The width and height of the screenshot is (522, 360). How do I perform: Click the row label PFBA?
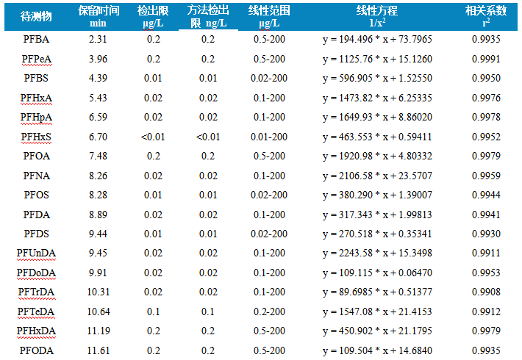coord(36,39)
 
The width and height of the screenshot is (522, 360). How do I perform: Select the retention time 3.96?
coord(98,59)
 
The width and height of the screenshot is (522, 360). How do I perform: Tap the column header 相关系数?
coord(486,11)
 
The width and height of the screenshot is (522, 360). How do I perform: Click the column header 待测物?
coord(36,16)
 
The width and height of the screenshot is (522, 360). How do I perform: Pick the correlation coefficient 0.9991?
coord(486,59)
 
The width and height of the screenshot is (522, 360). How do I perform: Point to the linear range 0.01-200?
coord(269,137)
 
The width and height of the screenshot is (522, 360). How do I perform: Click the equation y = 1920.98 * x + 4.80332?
coord(377,156)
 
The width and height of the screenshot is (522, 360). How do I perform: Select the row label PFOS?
coord(36,195)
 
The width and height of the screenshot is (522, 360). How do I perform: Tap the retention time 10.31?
coord(99,292)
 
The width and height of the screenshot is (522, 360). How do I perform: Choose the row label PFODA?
coord(36,350)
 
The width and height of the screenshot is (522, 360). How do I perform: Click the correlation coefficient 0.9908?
coord(486,292)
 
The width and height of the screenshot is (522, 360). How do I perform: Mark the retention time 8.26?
coord(98,176)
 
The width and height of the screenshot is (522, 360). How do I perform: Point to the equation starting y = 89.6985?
coord(377,292)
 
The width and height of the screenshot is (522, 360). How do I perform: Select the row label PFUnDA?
coord(36,253)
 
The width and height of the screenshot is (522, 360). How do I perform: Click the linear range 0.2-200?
coord(269,312)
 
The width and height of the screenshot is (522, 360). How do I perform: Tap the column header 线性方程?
coord(377,11)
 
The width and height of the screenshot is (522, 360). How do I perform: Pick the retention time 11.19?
coord(99,331)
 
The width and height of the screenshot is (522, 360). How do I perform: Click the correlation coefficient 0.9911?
coord(486,253)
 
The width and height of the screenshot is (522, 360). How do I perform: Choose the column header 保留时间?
coord(99,11)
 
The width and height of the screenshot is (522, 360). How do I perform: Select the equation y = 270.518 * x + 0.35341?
coord(377,234)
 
